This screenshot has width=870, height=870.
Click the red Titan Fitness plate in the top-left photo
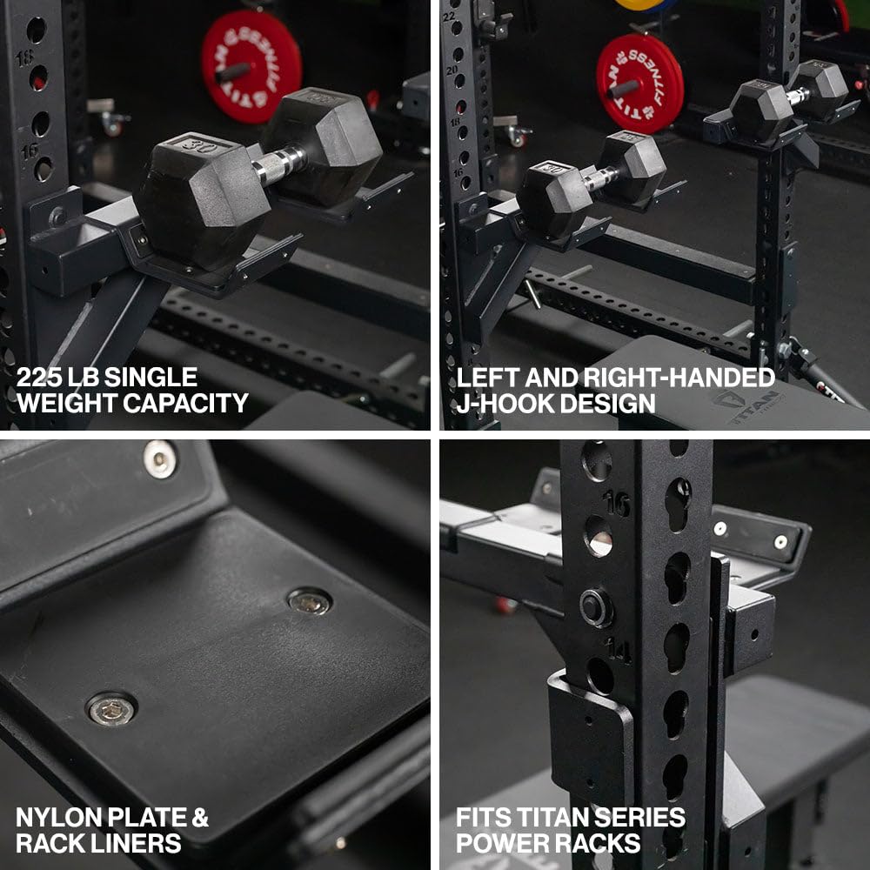(x=251, y=67)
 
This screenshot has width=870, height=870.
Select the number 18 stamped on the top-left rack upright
(x=23, y=58)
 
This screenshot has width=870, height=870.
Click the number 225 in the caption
(x=39, y=378)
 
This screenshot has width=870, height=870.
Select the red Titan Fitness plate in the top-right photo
(x=639, y=84)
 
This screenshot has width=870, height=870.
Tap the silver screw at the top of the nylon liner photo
(x=160, y=458)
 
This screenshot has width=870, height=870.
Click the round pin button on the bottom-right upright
(x=596, y=608)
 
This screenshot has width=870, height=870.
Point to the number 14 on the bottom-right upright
(x=619, y=649)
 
